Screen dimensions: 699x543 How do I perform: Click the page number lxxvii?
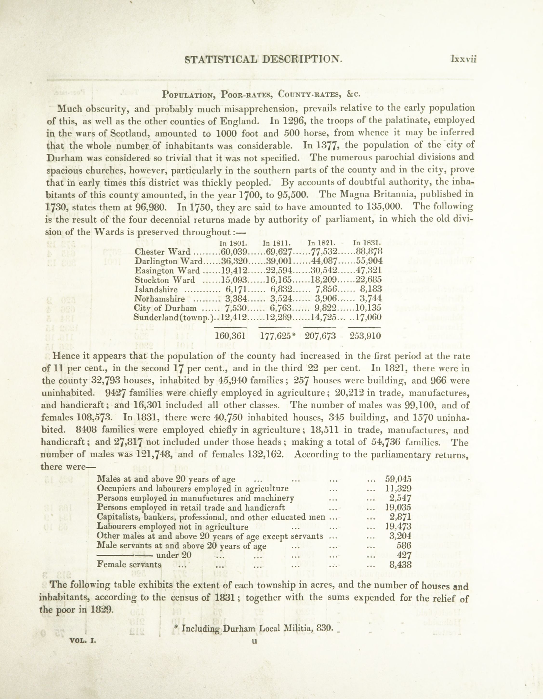click(x=464, y=59)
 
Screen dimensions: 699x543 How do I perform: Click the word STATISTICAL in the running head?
click(x=221, y=59)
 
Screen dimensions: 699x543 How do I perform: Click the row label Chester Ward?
click(x=163, y=252)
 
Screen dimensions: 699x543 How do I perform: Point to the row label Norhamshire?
click(x=159, y=299)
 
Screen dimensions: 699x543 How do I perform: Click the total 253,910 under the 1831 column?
click(x=365, y=336)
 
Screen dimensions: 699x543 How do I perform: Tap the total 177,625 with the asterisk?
click(x=276, y=336)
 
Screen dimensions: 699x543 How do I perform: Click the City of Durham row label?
click(x=165, y=308)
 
